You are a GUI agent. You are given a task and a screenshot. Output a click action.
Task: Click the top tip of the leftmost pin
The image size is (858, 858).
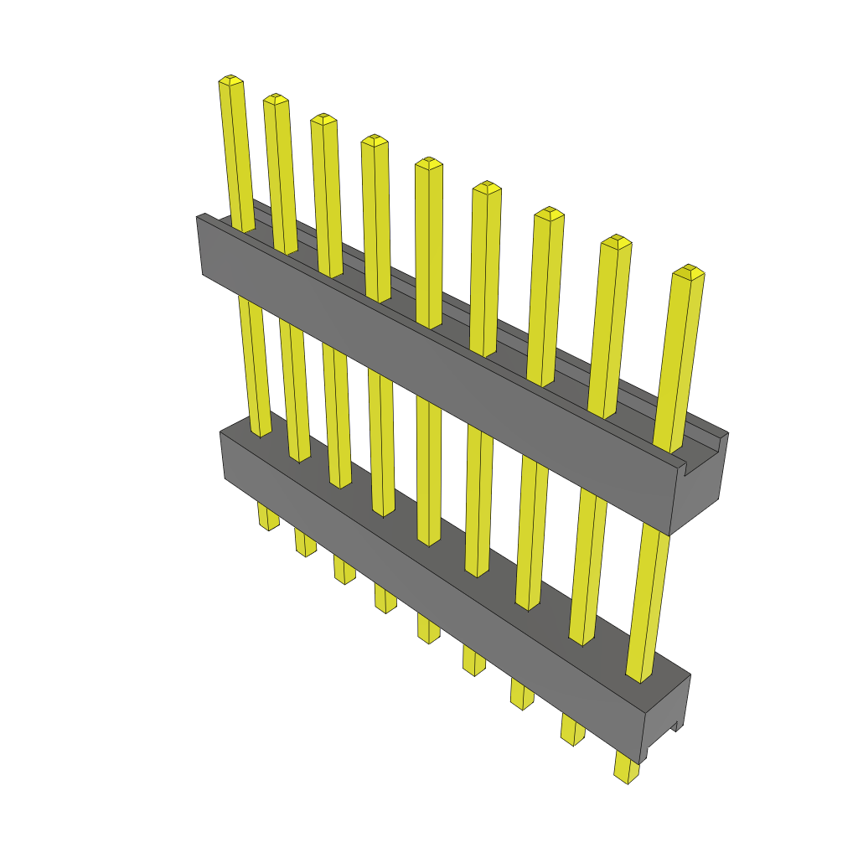pos(230,80)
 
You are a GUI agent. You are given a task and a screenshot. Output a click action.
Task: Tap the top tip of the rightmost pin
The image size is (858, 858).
pos(690,271)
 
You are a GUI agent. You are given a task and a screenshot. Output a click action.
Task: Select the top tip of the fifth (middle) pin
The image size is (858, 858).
pos(428,163)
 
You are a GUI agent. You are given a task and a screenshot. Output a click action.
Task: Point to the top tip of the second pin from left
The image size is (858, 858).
pos(276,99)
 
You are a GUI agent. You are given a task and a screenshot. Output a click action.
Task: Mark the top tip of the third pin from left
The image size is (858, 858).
pos(323,119)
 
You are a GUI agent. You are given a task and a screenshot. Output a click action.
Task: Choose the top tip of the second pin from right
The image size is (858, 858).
pos(617,241)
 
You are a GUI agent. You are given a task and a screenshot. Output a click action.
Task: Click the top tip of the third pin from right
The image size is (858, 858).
pos(548,213)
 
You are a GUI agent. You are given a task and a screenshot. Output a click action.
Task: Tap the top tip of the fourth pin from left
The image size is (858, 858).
pos(375,140)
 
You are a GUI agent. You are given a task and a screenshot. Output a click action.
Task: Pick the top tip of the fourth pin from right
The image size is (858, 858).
pos(486,187)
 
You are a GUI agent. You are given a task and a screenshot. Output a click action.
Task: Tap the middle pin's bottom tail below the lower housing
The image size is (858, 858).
pos(427,629)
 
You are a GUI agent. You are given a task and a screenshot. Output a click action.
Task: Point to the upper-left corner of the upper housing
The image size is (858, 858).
pos(199,218)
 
